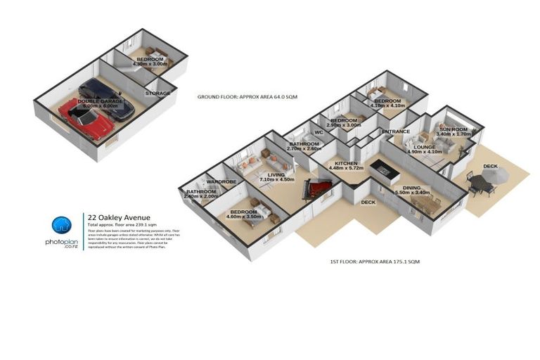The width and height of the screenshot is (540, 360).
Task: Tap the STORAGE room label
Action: tap(158, 93)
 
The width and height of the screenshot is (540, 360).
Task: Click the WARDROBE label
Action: tap(221, 182)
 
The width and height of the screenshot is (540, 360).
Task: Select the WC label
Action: tap(319, 132)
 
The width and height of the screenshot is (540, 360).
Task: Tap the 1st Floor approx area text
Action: tap(374, 262)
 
